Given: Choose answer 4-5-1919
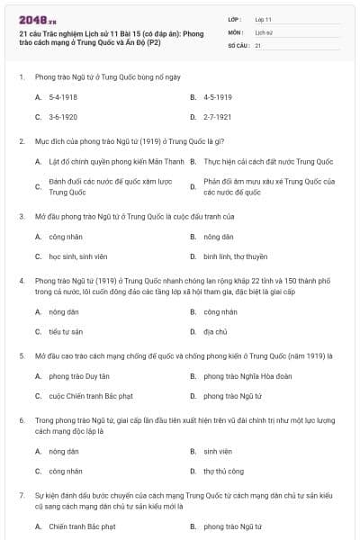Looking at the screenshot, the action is tap(218, 96).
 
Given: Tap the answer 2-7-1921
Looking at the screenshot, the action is tap(218, 117).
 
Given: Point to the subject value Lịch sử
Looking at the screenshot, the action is tap(263, 31).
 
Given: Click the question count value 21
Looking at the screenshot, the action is tap(258, 45).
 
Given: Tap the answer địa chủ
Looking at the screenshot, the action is tap(214, 331).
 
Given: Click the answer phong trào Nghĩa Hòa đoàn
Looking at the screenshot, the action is tap(245, 375).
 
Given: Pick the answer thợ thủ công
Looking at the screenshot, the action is tap(223, 470).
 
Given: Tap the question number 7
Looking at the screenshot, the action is tap(21, 495).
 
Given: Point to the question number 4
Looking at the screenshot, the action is tap(21, 281).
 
